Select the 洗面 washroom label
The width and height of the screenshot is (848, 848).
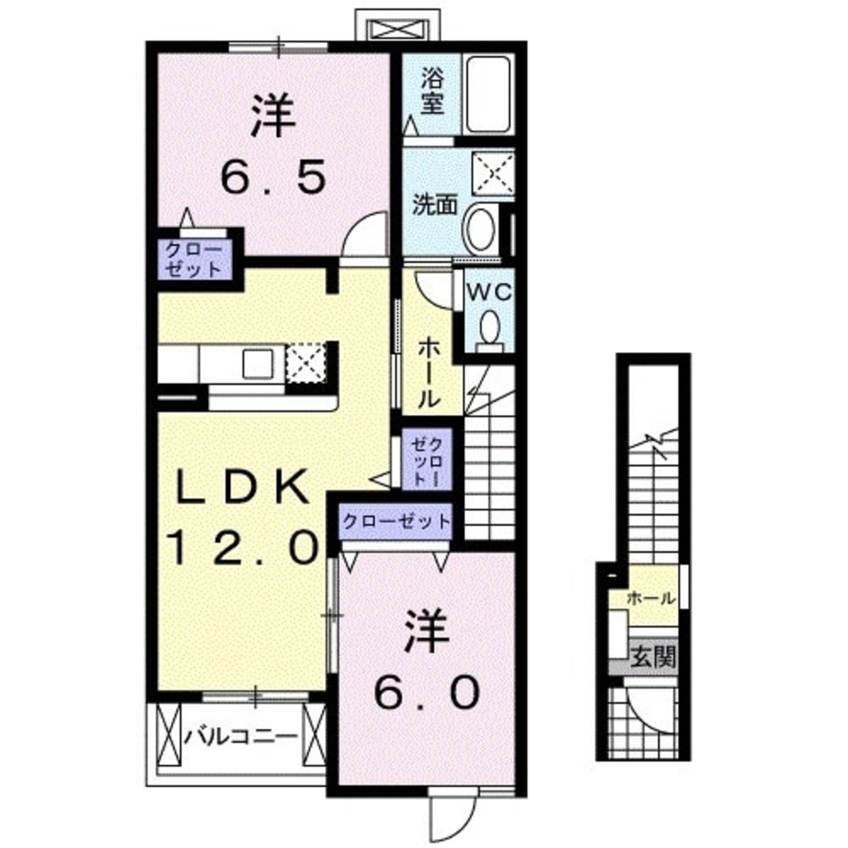(435, 205)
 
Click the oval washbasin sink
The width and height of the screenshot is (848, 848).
(482, 227)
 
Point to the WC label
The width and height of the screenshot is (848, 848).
(488, 293)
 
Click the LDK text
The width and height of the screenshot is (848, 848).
(240, 490)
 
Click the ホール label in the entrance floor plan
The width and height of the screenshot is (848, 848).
(651, 598)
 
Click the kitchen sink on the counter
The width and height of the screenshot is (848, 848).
(257, 363)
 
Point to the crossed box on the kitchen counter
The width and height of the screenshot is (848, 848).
(305, 363)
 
